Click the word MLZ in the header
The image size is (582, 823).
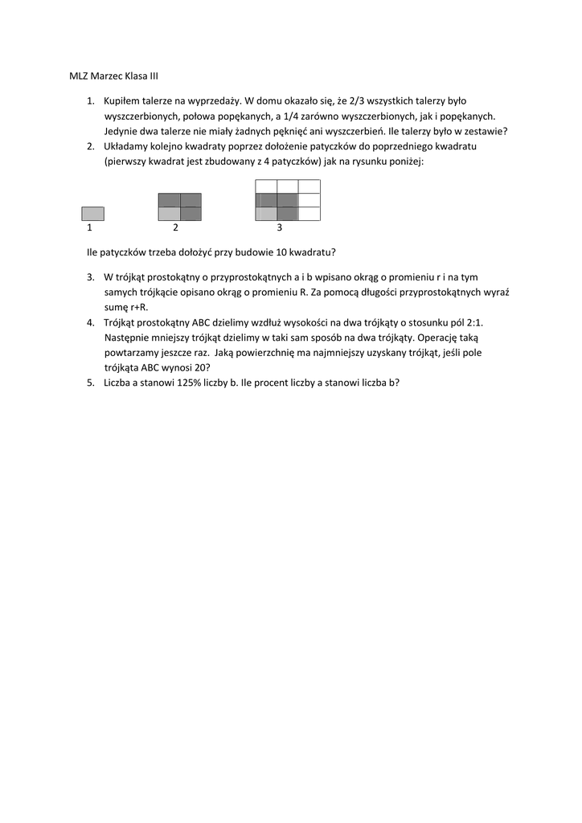(79, 76)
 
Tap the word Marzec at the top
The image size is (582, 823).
(109, 76)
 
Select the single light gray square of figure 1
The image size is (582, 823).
(92, 214)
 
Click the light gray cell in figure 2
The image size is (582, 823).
(169, 214)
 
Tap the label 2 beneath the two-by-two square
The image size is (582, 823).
(176, 228)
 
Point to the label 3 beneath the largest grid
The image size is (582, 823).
(279, 228)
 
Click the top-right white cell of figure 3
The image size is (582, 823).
(309, 186)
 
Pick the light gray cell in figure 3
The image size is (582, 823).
(265, 214)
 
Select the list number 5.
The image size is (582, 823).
(90, 383)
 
